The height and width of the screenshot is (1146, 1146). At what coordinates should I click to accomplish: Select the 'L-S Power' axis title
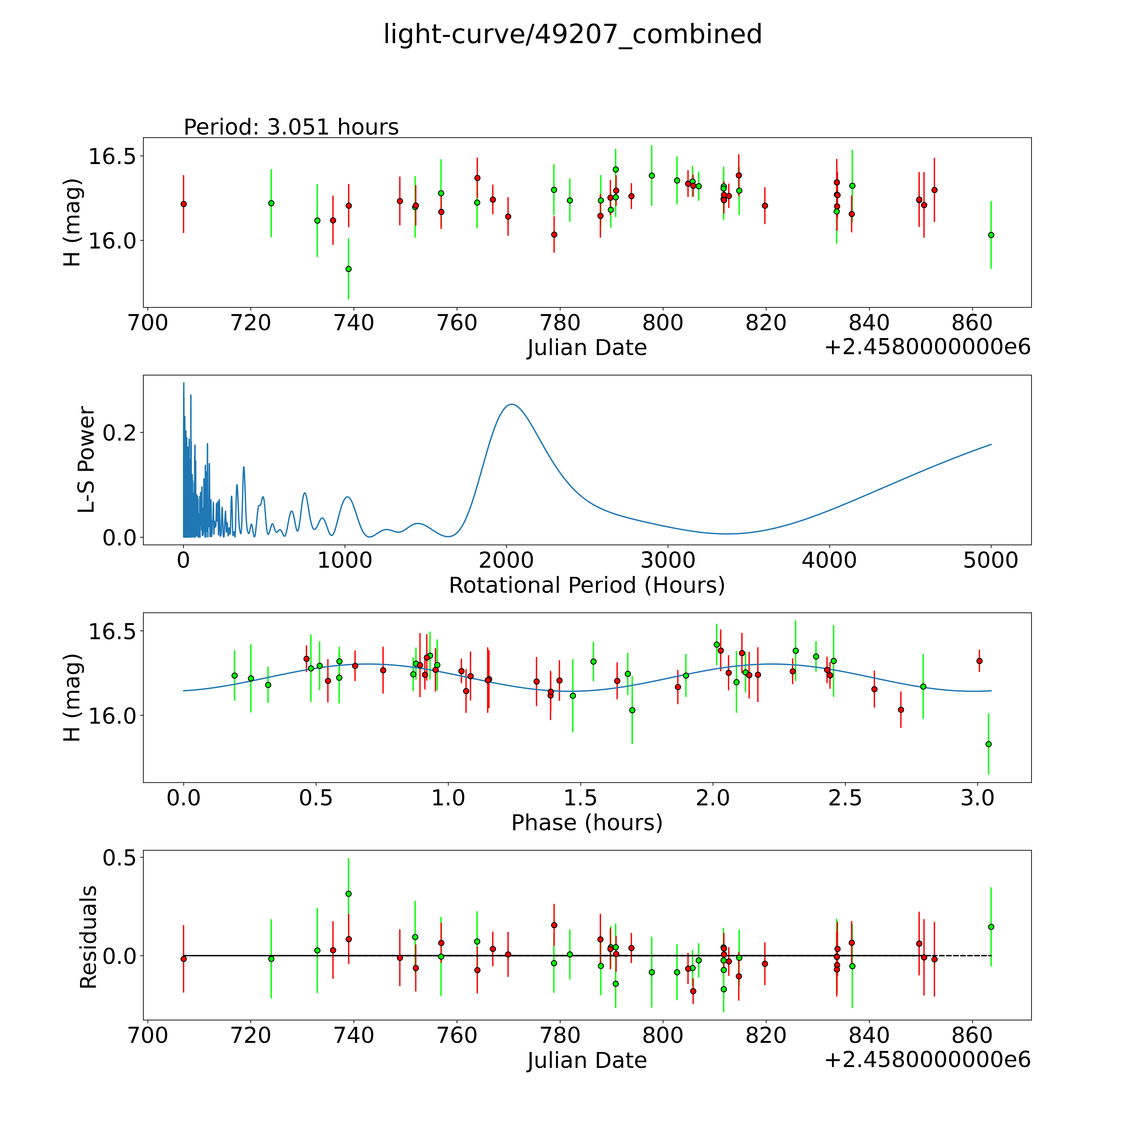click(x=87, y=460)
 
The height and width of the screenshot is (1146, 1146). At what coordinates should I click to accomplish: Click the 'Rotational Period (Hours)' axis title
click(x=587, y=586)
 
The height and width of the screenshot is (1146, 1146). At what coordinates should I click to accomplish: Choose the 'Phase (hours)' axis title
click(x=587, y=823)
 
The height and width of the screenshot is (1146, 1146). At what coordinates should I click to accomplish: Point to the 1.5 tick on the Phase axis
click(x=580, y=798)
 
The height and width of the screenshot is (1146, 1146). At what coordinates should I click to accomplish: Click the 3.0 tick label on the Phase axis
click(x=977, y=798)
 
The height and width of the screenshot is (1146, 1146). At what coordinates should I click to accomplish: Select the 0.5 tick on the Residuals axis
click(x=119, y=858)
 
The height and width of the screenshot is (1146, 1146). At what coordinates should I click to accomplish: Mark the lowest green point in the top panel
click(x=348, y=269)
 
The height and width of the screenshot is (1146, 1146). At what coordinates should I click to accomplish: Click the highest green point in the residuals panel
click(x=348, y=893)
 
